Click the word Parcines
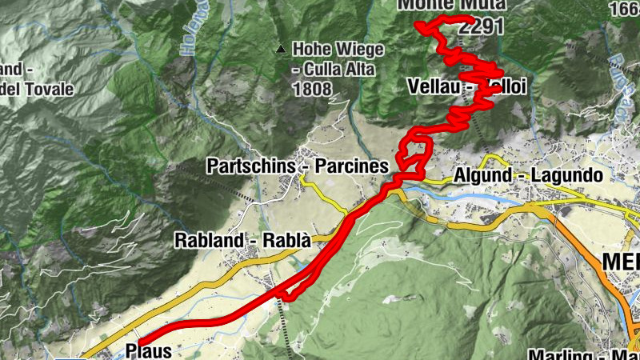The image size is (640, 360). [351, 166]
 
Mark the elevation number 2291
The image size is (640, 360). [482, 26]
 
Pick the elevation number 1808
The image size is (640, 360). [312, 88]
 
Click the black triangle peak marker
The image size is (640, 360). [280, 50]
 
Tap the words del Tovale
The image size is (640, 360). [37, 88]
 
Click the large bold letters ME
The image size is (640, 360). [621, 262]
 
